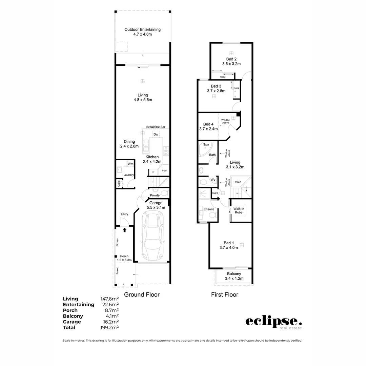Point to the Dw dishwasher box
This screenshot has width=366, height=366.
[x=156, y=135]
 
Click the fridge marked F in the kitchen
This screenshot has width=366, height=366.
[x=153, y=172]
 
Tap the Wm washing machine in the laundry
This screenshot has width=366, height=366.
[x=130, y=164]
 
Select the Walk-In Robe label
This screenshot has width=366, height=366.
[x=241, y=210]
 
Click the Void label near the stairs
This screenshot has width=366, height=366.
[x=238, y=182]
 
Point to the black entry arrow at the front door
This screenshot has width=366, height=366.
[x=124, y=230]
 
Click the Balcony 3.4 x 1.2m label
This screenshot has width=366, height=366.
[x=234, y=276]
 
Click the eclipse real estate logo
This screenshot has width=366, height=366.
[x=273, y=322]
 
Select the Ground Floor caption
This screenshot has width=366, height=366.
[x=142, y=294]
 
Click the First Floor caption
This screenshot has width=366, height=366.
[x=224, y=294]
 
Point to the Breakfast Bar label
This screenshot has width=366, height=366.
[x=156, y=127]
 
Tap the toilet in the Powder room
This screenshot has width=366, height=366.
[x=164, y=193]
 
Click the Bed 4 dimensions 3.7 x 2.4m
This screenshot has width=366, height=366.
[x=208, y=129]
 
